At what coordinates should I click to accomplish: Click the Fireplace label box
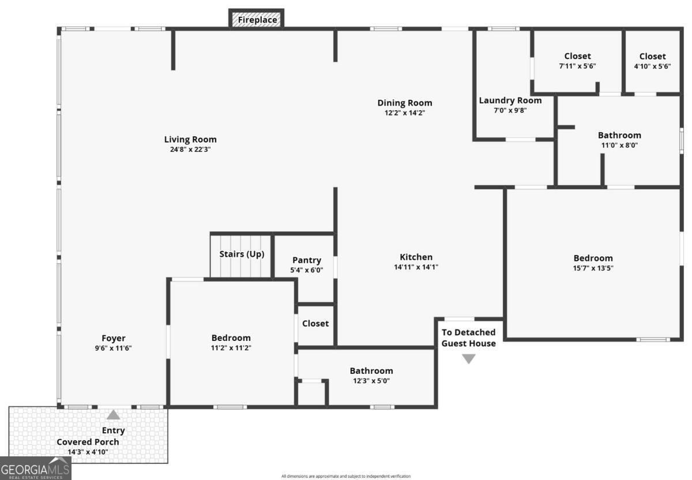pos(257,20)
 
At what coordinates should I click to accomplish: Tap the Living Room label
pos(190,139)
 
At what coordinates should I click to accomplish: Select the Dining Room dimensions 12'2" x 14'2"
pos(404,113)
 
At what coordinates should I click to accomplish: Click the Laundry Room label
pos(510,100)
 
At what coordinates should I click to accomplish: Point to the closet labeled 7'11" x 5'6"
pos(577,61)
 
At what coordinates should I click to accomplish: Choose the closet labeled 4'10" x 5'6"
pos(652,61)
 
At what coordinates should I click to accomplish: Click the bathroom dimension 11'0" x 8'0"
pos(619,145)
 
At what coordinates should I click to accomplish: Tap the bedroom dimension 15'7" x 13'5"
pos(593,268)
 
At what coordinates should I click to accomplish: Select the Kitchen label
pos(416,257)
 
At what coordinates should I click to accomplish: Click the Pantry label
pos(306,260)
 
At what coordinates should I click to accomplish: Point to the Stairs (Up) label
pos(242,254)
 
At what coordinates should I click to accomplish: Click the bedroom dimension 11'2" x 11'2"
pos(231,347)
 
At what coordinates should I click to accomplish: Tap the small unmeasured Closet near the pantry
pos(315,324)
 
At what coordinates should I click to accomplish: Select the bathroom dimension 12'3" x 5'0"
pos(371,381)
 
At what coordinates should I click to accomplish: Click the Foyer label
pos(114,338)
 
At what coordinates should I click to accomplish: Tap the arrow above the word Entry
pos(114,415)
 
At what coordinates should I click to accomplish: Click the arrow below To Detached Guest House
pos(468,359)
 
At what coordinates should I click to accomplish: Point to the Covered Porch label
pos(88,442)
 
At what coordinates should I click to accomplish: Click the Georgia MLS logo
pos(35,468)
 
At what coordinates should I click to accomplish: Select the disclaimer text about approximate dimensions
pos(346,476)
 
